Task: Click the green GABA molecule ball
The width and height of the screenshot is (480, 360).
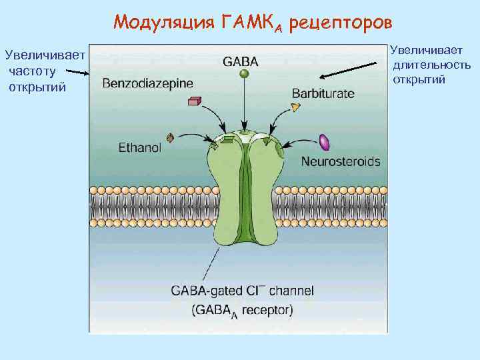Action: (x=245, y=75)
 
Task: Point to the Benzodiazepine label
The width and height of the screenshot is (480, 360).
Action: (x=148, y=83)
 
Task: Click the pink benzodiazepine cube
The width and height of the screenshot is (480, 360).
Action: (x=194, y=101)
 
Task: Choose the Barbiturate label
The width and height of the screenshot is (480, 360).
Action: (x=323, y=94)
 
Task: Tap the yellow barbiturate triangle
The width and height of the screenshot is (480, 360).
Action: (x=296, y=107)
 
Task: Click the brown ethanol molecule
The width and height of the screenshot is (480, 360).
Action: (x=171, y=138)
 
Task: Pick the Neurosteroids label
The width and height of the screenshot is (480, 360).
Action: (x=341, y=161)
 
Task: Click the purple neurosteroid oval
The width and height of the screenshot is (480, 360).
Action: (x=325, y=142)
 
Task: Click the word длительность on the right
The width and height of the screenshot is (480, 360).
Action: (x=431, y=65)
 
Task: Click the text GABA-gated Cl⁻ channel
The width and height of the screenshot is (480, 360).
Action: (x=242, y=291)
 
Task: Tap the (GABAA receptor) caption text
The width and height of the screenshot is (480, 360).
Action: (x=242, y=309)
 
